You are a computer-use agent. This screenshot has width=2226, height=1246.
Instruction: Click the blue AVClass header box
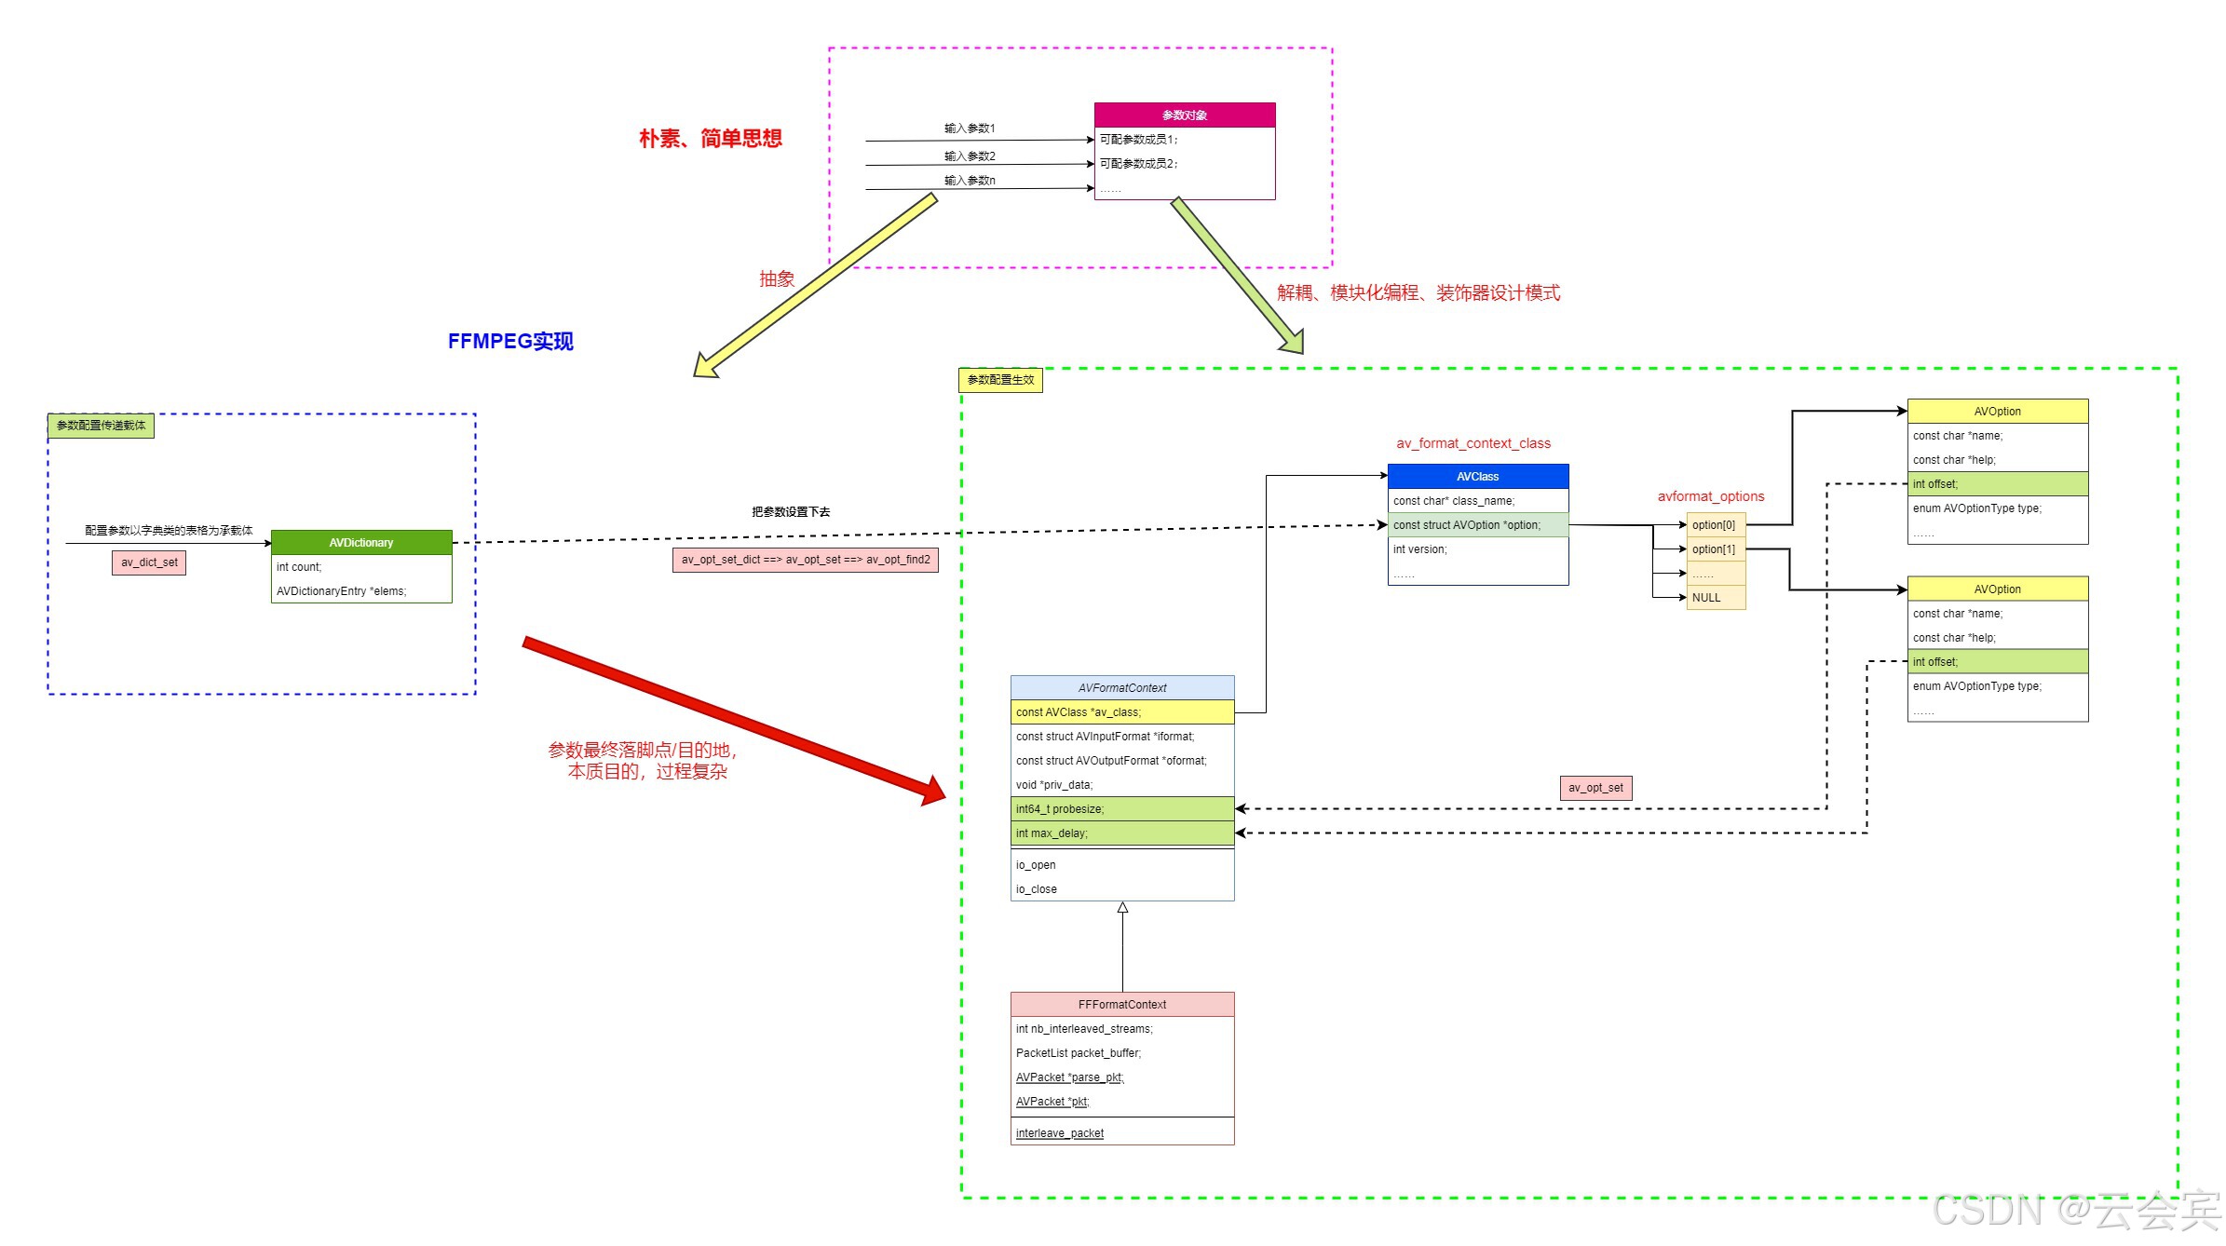[1477, 477]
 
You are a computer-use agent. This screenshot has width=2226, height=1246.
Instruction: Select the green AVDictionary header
[361, 543]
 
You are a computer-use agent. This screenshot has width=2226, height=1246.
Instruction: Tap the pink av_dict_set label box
[149, 562]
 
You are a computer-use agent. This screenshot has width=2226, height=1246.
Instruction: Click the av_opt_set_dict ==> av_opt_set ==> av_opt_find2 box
[805, 560]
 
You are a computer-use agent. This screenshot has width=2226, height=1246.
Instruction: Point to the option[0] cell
[1715, 525]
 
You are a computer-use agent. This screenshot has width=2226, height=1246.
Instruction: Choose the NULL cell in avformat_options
[1715, 598]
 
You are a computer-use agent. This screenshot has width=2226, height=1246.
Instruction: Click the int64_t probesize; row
[1121, 809]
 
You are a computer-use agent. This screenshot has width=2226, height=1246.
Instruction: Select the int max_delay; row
[1121, 833]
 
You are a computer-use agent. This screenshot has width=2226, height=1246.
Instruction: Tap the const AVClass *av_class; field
[1121, 712]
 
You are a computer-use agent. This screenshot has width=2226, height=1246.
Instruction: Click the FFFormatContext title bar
[1121, 1005]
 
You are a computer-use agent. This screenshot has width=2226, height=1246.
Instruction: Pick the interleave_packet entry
[1060, 1133]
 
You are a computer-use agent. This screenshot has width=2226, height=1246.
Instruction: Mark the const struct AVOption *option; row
[1477, 525]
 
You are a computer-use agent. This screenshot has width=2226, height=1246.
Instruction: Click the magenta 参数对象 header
[1184, 115]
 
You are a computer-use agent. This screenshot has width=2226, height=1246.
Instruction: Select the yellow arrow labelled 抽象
[815, 284]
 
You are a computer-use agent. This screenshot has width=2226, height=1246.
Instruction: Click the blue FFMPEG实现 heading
[510, 342]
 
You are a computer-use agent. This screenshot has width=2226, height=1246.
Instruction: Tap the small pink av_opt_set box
[1595, 788]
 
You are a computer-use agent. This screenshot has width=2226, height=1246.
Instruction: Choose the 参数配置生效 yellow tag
[1000, 380]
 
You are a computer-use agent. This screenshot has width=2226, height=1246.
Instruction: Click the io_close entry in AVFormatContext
[1037, 889]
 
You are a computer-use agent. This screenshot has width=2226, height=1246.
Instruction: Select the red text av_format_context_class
[1473, 443]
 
